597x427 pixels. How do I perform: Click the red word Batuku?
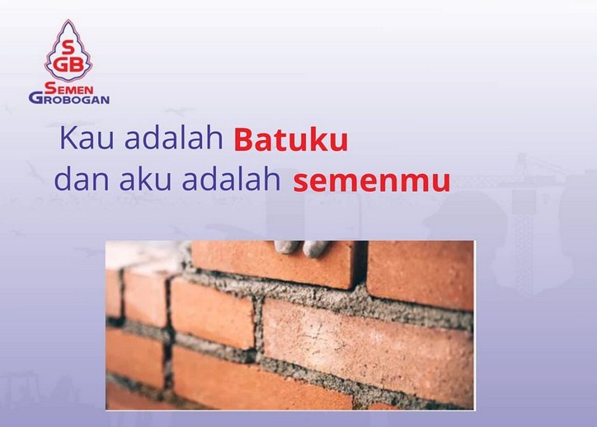290,141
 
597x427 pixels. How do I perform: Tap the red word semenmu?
372,181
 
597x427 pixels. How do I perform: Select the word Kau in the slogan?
82,139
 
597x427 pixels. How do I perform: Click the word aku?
131,179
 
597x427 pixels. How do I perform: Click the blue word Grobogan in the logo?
69,98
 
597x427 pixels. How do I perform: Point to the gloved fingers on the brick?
302,246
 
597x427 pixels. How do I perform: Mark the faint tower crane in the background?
528,214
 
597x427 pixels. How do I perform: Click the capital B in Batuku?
243,141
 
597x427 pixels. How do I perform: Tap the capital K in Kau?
65,139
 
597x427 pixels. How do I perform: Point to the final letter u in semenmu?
441,183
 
